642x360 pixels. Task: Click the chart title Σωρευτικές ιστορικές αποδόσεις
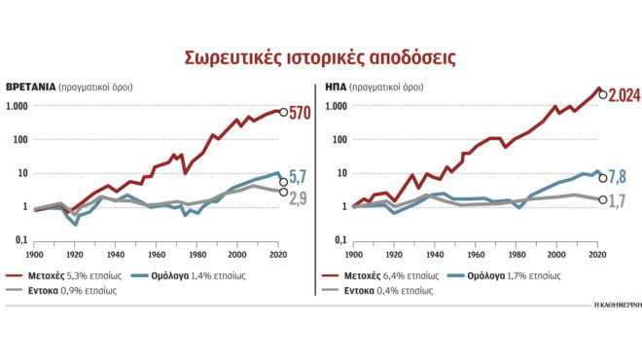pyautogui.click(x=320, y=56)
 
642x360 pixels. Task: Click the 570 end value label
pyautogui.click(x=300, y=114)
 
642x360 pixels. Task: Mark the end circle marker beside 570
pyautogui.click(x=283, y=112)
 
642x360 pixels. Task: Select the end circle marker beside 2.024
pyautogui.click(x=604, y=94)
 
